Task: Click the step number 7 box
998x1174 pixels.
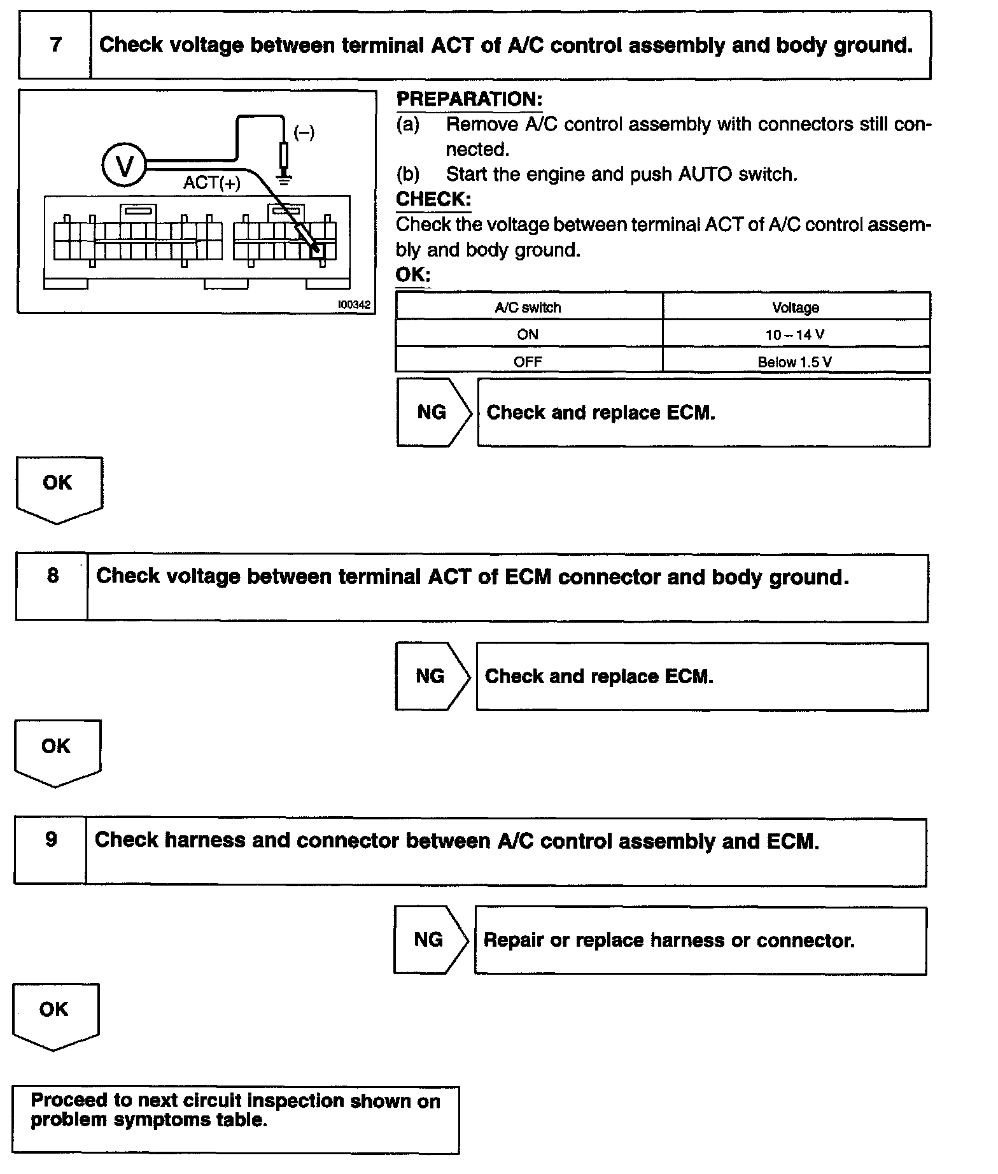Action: coord(55,45)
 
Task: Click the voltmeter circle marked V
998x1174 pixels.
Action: coord(124,166)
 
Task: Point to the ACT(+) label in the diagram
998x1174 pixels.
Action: coord(212,183)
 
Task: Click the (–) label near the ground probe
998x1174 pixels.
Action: coord(304,133)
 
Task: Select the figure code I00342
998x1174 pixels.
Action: coord(354,305)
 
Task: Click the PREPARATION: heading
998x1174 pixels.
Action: coord(469,99)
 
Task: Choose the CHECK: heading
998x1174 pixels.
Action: coord(433,199)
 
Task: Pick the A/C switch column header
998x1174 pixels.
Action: coord(528,308)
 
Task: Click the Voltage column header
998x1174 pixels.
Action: coord(796,308)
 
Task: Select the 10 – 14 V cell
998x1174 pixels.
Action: coord(796,335)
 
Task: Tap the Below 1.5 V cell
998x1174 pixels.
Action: coord(796,362)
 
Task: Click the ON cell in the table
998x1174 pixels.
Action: coord(528,335)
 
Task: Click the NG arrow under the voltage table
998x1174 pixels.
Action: coord(433,413)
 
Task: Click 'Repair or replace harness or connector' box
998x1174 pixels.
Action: coord(700,940)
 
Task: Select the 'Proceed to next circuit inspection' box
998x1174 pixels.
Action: coord(235,1119)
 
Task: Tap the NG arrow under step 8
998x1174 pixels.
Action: coord(432,676)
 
